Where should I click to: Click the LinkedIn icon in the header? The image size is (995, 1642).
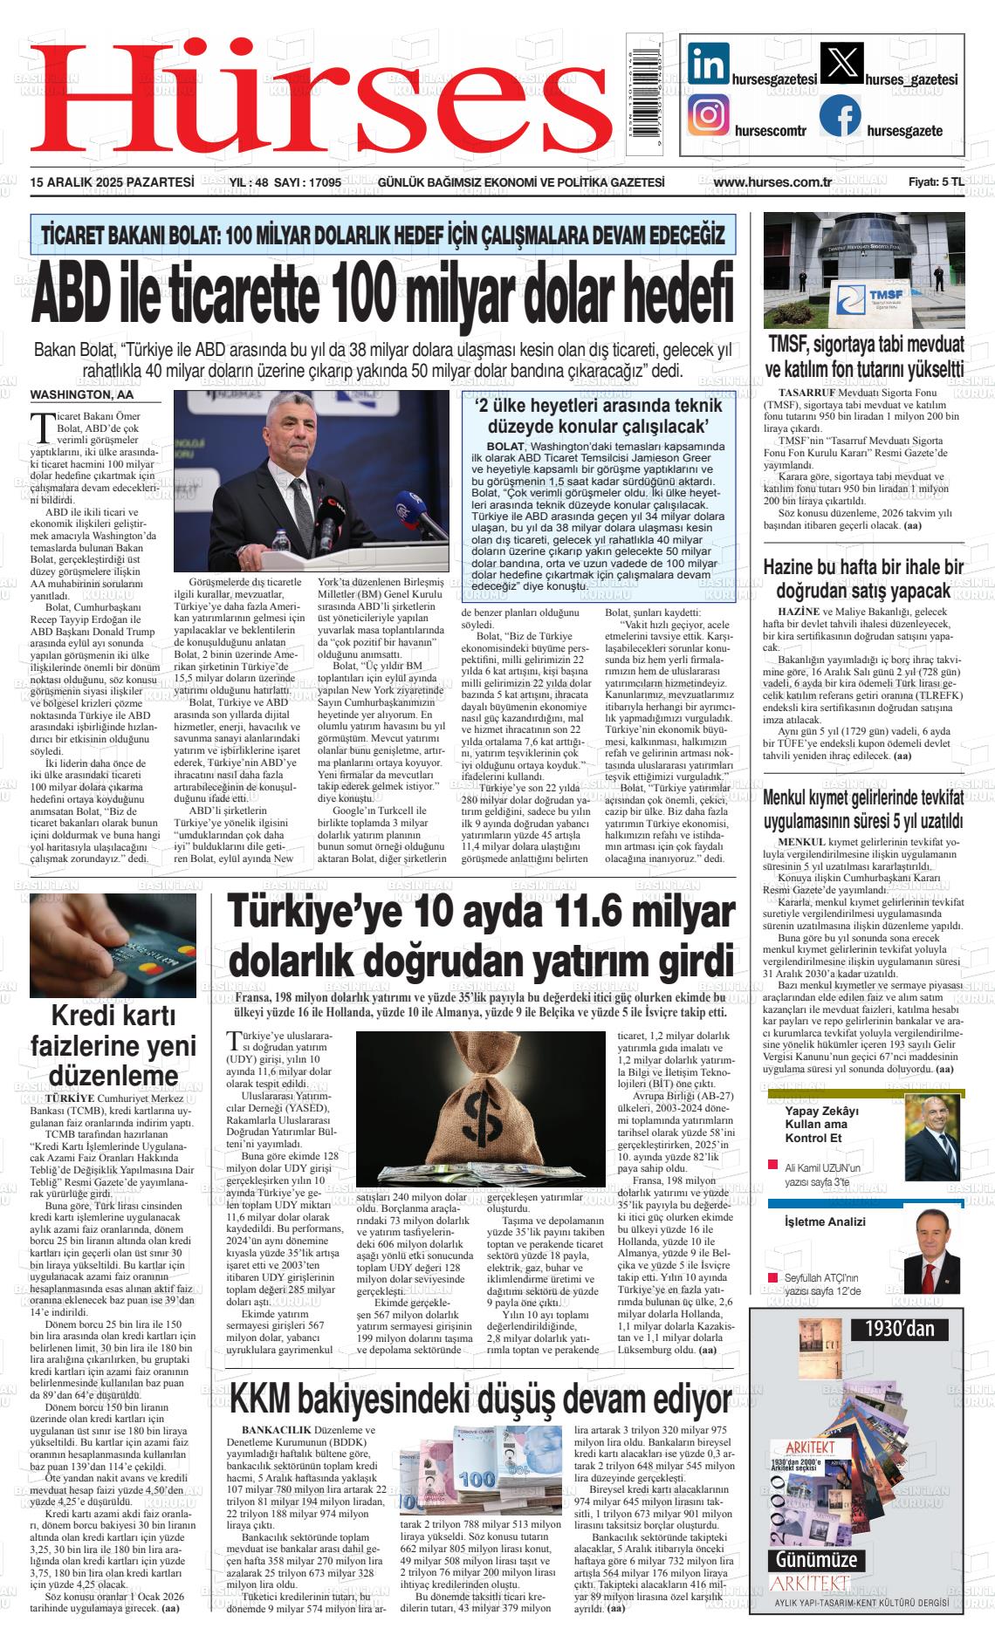pyautogui.click(x=709, y=65)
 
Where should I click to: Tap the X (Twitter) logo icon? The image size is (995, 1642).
pyautogui.click(x=841, y=65)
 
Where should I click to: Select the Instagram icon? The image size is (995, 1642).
pyautogui.click(x=709, y=115)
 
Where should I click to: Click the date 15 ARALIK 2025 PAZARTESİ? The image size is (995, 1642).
pyautogui.click(x=112, y=182)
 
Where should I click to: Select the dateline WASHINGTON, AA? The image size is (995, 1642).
pyautogui.click(x=84, y=394)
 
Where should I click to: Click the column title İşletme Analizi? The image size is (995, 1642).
pyautogui.click(x=825, y=1221)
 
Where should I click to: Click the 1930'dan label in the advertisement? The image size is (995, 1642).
pyautogui.click(x=899, y=1329)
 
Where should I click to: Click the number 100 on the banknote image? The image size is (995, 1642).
pyautogui.click(x=477, y=1480)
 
